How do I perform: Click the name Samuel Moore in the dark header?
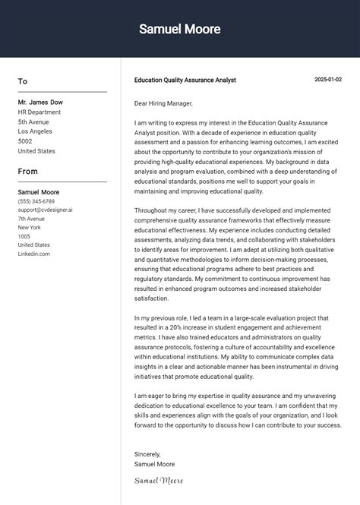(x=180, y=30)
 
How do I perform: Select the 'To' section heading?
(x=23, y=81)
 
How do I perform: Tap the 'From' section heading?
(x=28, y=171)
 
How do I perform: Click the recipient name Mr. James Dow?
(x=40, y=102)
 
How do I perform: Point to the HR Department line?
(x=39, y=112)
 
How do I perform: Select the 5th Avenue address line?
(x=33, y=122)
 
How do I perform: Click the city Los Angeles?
(x=35, y=131)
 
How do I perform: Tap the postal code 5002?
(x=25, y=141)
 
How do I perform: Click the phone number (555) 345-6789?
(x=36, y=201)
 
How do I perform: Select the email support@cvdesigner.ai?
(x=46, y=210)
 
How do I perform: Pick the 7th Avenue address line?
(x=32, y=219)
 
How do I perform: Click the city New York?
(x=30, y=227)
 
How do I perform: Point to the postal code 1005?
(x=24, y=236)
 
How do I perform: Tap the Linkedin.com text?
(x=34, y=254)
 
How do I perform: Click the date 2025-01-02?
(x=328, y=80)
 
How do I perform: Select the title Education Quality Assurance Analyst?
(x=185, y=80)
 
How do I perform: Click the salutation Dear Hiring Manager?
(x=163, y=103)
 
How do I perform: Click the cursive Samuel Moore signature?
(x=159, y=480)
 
